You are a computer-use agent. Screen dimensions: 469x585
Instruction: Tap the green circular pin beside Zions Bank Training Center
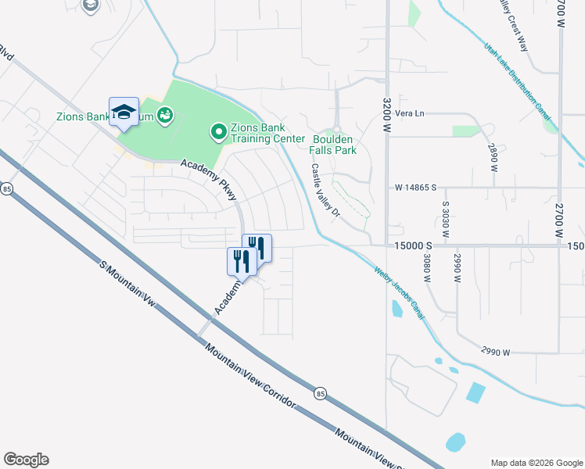(x=219, y=133)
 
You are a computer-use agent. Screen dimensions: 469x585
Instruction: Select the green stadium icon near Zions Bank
(x=164, y=116)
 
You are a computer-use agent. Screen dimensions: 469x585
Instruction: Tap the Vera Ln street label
(x=409, y=113)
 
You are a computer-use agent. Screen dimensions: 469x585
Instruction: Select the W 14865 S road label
(x=415, y=188)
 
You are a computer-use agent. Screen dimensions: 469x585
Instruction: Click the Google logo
(x=26, y=460)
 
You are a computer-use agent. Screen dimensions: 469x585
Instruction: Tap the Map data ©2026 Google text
(x=537, y=462)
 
